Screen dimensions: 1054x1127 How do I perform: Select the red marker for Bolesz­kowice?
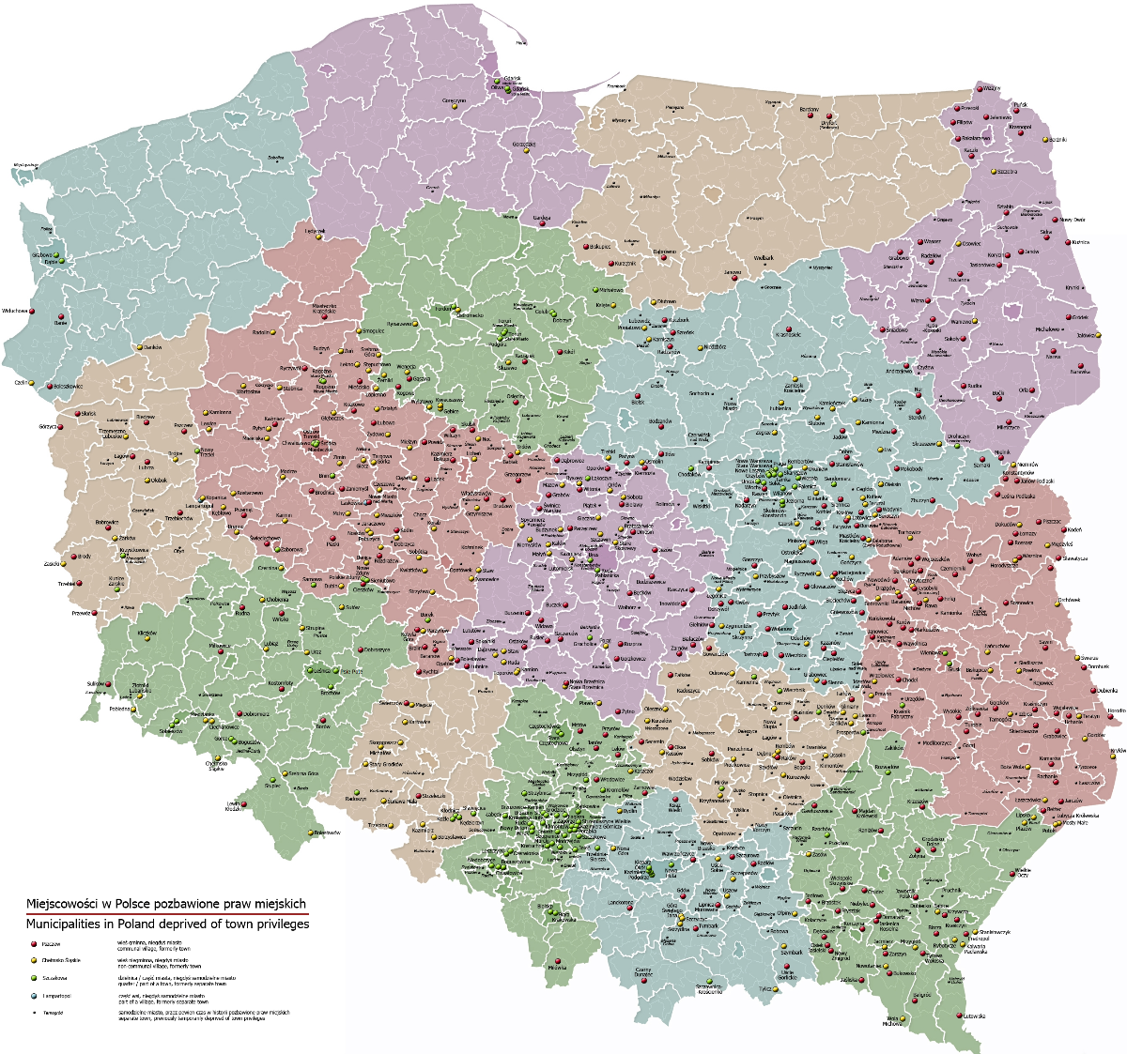coord(50,386)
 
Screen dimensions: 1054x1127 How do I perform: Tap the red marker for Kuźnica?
coord(1069,242)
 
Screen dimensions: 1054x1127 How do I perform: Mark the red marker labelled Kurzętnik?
coord(610,264)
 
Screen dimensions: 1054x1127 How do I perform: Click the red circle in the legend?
coord(33,943)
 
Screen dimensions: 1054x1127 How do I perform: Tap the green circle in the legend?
coord(33,978)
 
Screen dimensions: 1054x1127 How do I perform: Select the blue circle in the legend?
coord(33,996)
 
